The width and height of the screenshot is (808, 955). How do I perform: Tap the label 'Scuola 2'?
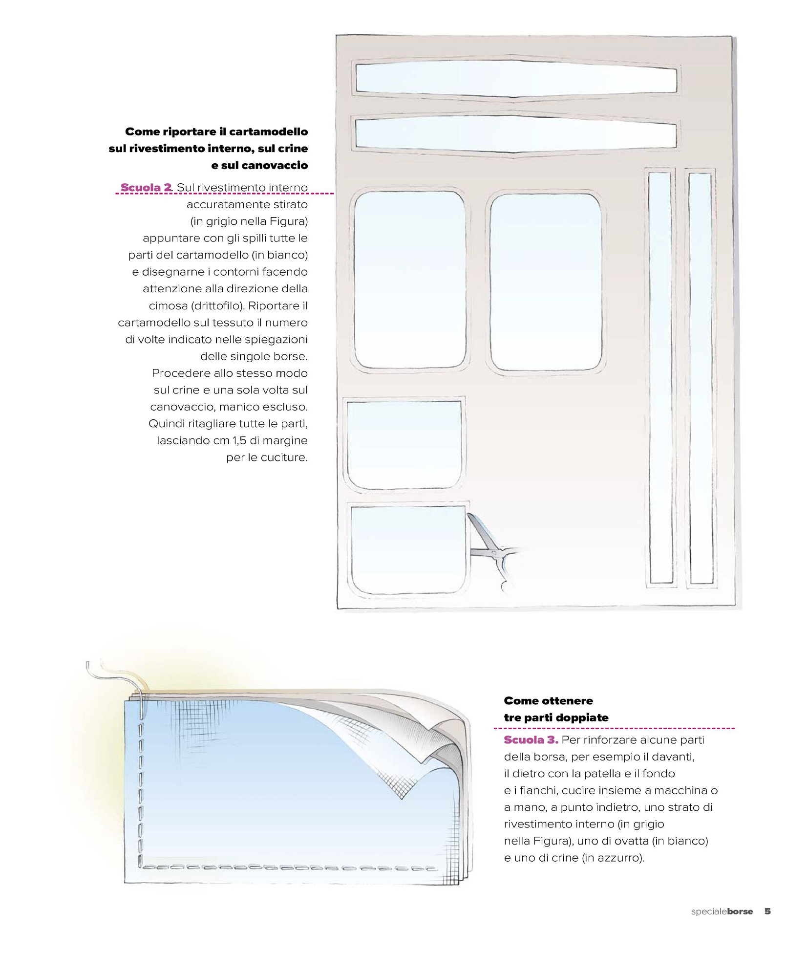[x=146, y=188]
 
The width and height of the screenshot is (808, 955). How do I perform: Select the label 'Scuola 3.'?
[x=531, y=739]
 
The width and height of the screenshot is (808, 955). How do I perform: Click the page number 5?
[x=767, y=911]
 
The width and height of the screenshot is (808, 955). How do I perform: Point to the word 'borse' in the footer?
[x=740, y=912]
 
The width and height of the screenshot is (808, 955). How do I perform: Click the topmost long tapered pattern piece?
[x=516, y=78]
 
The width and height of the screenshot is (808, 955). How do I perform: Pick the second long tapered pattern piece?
[x=516, y=133]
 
